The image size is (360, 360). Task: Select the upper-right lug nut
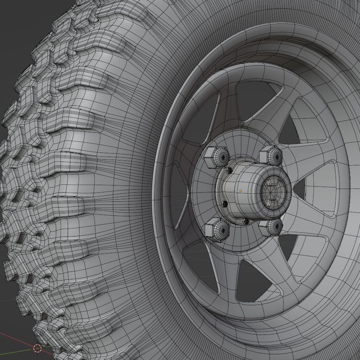(x=271, y=155)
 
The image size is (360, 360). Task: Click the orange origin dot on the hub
(x=241, y=191)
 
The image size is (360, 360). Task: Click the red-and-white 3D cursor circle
(x=37, y=348)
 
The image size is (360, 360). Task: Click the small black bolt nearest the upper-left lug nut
(x=229, y=171)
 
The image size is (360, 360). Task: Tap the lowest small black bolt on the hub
(x=246, y=221)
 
